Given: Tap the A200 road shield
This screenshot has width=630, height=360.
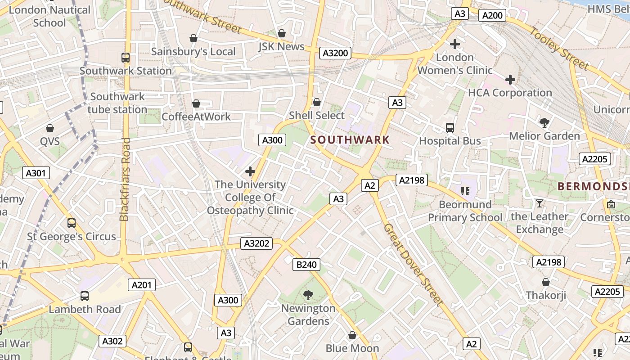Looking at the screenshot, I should (x=492, y=15).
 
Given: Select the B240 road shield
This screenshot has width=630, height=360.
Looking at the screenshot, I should (x=306, y=265).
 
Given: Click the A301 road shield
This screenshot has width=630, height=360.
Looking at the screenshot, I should (x=36, y=173).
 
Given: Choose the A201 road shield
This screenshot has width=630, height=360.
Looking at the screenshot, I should (x=142, y=284).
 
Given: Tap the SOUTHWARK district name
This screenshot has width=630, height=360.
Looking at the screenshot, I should (x=350, y=139).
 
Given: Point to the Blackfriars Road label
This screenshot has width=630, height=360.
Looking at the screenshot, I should (x=125, y=179).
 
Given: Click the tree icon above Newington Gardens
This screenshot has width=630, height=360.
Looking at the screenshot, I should (x=308, y=295).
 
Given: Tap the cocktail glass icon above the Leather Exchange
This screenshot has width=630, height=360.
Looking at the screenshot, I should (x=539, y=203).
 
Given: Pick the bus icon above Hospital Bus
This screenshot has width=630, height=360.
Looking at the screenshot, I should (x=450, y=128).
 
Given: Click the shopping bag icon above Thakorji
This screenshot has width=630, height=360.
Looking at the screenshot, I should (x=545, y=282).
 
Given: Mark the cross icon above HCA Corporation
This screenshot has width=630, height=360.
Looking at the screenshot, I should (x=510, y=80).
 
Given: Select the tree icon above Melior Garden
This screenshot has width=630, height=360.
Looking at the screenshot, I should (x=544, y=123).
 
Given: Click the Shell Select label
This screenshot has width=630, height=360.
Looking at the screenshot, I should (x=317, y=115).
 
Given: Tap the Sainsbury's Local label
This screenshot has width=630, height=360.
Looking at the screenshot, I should (x=193, y=51).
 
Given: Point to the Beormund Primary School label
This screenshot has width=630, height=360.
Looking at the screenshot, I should (x=465, y=211).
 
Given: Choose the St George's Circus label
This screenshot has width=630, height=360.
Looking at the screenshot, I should (x=72, y=236).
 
